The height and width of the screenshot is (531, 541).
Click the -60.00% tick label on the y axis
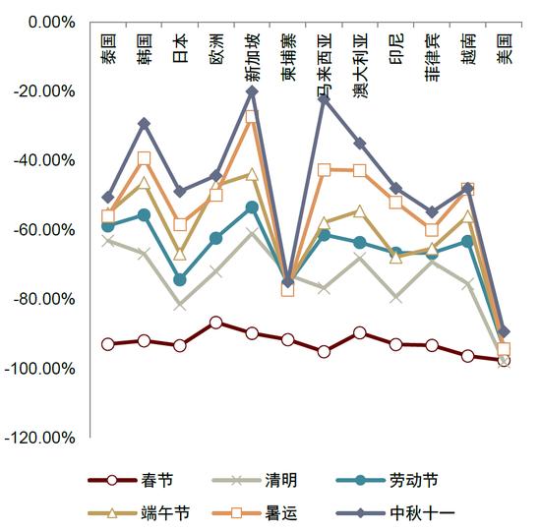[x=44, y=230]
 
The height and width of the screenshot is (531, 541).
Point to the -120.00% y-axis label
[x=39, y=438]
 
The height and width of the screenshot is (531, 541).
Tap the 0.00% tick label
[x=52, y=23]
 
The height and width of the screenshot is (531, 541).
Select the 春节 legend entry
[x=131, y=480]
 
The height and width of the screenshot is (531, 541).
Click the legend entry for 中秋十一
[x=395, y=513]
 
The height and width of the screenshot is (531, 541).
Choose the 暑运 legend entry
[x=255, y=513]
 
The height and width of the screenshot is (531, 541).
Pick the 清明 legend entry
[x=255, y=480]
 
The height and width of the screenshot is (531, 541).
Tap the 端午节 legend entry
[x=139, y=513]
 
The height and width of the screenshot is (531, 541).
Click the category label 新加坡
[x=252, y=57]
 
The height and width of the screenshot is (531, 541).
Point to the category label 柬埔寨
[x=288, y=57]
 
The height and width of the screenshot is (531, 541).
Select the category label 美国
[x=505, y=48]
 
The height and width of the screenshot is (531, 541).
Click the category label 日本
[x=180, y=48]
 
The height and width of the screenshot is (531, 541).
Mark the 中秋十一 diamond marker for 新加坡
[x=252, y=91]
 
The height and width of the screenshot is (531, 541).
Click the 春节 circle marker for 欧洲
[x=216, y=323]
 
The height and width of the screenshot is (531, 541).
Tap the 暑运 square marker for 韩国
[x=145, y=158]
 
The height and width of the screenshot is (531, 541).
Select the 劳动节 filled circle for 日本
[x=180, y=280]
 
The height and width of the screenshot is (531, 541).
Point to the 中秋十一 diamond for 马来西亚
[x=325, y=99]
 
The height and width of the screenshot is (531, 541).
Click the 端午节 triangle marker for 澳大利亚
[x=360, y=211]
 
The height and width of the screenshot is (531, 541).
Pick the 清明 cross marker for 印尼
[x=396, y=298]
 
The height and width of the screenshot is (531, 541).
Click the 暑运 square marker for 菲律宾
[x=432, y=230]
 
